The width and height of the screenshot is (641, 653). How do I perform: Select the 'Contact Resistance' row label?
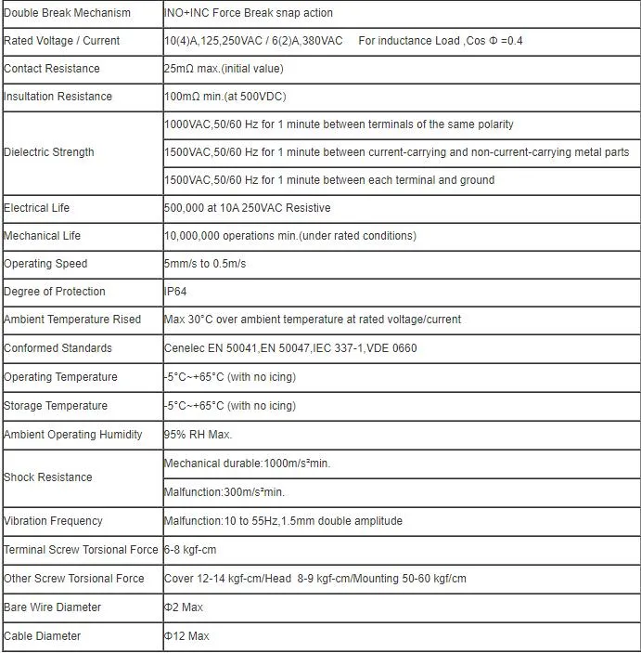[x=52, y=69]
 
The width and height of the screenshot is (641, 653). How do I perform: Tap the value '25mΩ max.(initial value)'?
[x=224, y=69]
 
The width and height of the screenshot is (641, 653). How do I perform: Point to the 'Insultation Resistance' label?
[x=58, y=97]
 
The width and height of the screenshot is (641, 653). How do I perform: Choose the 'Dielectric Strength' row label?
[x=49, y=152]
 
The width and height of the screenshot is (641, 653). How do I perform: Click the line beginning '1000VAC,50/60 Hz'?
[x=339, y=124]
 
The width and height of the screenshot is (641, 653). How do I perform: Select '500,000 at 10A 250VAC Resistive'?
[x=247, y=208]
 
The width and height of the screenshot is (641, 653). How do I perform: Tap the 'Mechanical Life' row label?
[x=44, y=236]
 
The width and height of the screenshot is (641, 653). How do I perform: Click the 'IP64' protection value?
[x=175, y=292]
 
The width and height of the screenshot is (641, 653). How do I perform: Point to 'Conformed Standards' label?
[x=58, y=348]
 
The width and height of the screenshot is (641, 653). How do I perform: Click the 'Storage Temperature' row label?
[x=56, y=406]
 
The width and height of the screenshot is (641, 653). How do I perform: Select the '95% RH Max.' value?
[x=198, y=435]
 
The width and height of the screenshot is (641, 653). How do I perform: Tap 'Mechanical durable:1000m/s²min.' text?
[x=247, y=464]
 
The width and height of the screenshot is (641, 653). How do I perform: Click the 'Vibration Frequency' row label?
[x=53, y=521]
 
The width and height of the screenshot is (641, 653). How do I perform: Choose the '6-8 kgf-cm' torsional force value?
[x=191, y=550]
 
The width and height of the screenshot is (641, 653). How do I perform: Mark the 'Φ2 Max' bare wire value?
[x=185, y=607]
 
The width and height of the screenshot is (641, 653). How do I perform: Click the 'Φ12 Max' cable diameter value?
[x=186, y=636]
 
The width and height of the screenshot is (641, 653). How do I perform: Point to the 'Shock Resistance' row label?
[x=48, y=477]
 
